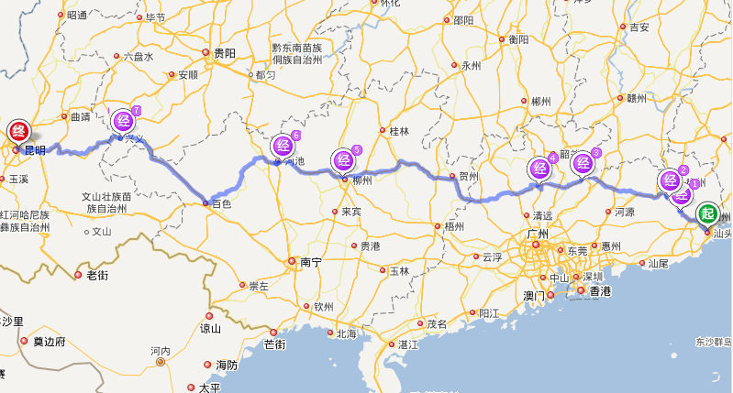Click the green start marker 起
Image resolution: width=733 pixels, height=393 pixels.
click(x=707, y=214)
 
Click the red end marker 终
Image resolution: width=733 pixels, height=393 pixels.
click(x=17, y=132)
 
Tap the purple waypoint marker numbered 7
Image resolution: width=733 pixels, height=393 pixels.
click(x=124, y=120)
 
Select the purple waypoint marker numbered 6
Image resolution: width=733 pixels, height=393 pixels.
click(x=283, y=145)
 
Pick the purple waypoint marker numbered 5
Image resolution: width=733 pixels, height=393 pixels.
click(x=344, y=159)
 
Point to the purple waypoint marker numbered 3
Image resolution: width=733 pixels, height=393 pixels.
click(x=583, y=163)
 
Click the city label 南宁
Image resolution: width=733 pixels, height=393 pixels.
click(x=311, y=262)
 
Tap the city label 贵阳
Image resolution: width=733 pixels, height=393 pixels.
click(x=225, y=53)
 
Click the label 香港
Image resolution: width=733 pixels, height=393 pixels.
click(x=600, y=291)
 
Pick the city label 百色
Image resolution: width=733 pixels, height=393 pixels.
click(x=221, y=203)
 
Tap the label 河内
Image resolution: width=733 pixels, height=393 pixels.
click(x=161, y=351)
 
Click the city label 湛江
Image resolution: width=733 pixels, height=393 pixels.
click(x=409, y=344)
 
